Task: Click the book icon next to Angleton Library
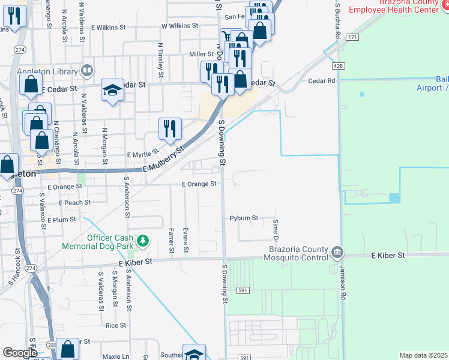click(x=87, y=71)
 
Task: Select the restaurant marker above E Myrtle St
click(x=170, y=128)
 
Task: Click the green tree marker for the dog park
click(x=142, y=241)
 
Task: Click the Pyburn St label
click(x=244, y=218)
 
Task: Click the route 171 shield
click(x=352, y=37)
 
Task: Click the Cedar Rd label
click(x=321, y=80)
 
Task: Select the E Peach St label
click(x=74, y=203)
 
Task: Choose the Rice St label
click(x=115, y=325)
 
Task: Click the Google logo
click(x=20, y=353)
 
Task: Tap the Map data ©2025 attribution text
click(x=424, y=355)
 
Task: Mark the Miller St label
click(x=202, y=54)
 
